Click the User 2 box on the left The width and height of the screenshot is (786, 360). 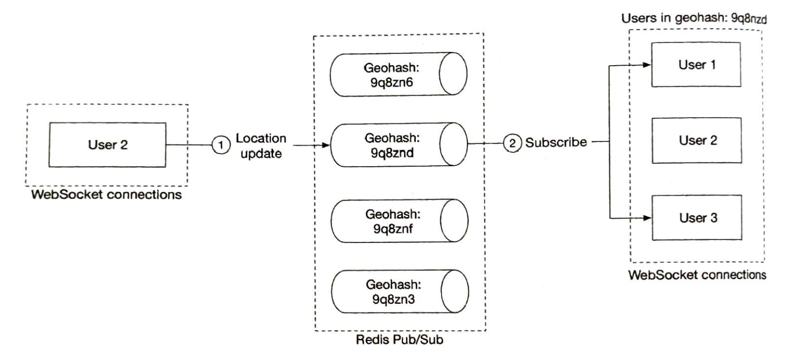(x=107, y=145)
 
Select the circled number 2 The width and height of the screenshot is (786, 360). (x=513, y=142)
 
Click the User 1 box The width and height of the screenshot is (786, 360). (x=696, y=65)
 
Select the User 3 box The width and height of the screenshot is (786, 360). (x=697, y=218)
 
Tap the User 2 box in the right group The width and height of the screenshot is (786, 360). (x=697, y=140)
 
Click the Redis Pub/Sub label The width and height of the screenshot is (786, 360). (x=399, y=340)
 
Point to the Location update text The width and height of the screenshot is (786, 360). (x=261, y=146)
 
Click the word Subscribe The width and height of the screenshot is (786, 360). (x=556, y=142)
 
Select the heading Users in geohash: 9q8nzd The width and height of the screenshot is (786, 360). (x=694, y=19)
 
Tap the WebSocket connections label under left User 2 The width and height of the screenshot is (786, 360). (x=106, y=195)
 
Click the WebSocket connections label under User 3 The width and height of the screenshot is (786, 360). (x=697, y=275)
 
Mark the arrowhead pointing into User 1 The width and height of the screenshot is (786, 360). (x=647, y=65)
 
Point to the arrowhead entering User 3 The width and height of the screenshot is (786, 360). (x=647, y=218)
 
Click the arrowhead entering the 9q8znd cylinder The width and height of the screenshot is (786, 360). (x=326, y=145)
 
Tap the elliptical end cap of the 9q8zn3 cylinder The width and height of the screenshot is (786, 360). (x=455, y=292)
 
